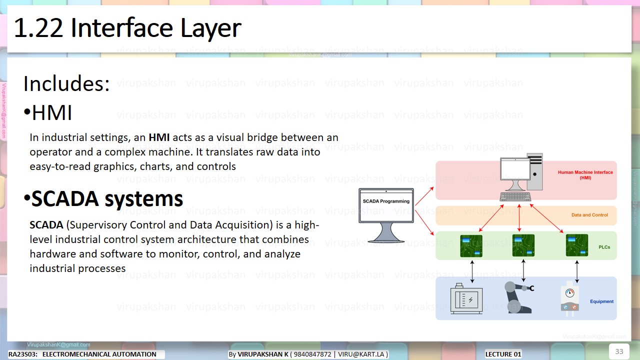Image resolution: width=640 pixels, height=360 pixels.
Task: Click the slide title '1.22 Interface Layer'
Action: click(127, 28)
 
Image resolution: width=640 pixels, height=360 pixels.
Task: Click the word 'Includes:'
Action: click(66, 83)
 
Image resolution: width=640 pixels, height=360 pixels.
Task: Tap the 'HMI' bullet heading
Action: click(52, 113)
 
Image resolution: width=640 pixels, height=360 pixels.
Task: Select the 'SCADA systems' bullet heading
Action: click(107, 199)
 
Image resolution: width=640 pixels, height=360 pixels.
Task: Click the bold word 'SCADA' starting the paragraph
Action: click(46, 225)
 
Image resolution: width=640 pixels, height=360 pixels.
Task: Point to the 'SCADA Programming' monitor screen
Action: click(386, 205)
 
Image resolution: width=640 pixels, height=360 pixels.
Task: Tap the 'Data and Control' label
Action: click(589, 215)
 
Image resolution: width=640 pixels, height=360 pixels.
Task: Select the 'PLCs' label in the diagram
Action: click(604, 247)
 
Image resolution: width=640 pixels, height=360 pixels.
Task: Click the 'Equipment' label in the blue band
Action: click(601, 301)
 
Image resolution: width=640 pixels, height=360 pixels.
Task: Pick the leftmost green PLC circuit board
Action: click(471, 245)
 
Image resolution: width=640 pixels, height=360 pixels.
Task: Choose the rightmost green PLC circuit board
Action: click(576, 245)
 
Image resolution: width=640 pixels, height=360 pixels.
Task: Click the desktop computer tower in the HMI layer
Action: click(534, 172)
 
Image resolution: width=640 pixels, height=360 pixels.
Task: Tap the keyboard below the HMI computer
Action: click(515, 196)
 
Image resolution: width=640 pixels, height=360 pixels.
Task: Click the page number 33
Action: click(619, 351)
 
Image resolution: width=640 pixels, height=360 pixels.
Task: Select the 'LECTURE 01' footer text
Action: click(503, 354)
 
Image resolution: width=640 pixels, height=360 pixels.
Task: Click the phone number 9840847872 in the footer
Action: click(312, 354)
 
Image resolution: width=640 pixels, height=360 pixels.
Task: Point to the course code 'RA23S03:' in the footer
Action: click(23, 354)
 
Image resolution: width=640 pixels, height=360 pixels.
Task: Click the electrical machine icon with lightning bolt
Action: click(466, 299)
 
